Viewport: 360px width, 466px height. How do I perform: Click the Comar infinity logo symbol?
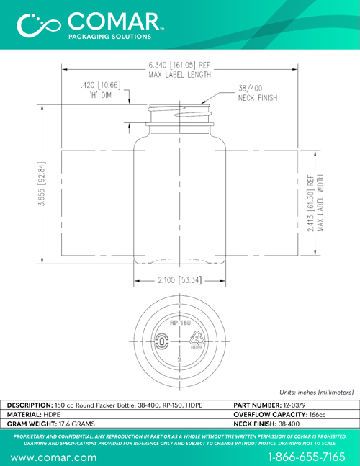point(39,25)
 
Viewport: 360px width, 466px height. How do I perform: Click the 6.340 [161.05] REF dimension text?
point(179,65)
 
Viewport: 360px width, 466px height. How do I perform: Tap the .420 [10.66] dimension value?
point(101,85)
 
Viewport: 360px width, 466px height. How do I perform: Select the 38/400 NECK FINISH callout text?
point(258,93)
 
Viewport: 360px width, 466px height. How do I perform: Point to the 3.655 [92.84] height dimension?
point(42,184)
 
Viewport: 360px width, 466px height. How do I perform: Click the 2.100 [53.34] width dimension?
point(180,280)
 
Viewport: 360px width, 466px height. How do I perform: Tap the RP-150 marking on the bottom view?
point(180,323)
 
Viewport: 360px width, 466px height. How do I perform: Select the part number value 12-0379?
point(294,405)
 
